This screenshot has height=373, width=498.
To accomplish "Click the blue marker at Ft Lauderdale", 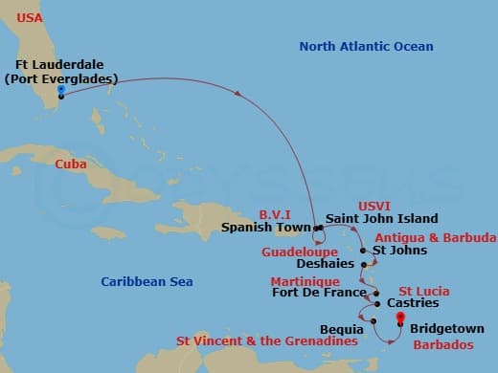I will (x=60, y=90).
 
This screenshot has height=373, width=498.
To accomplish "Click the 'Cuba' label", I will (x=72, y=164).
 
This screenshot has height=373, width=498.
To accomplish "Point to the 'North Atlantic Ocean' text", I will (x=366, y=46).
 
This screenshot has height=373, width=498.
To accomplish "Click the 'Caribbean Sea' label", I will (x=147, y=281).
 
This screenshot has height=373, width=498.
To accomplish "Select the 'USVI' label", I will (x=374, y=205).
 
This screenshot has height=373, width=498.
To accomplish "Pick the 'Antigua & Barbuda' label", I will (x=435, y=236).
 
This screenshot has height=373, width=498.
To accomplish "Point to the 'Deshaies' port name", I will (x=325, y=262).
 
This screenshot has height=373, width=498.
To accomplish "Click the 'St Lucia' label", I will (x=424, y=290).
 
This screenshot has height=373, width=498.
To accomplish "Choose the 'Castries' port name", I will (x=414, y=303).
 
